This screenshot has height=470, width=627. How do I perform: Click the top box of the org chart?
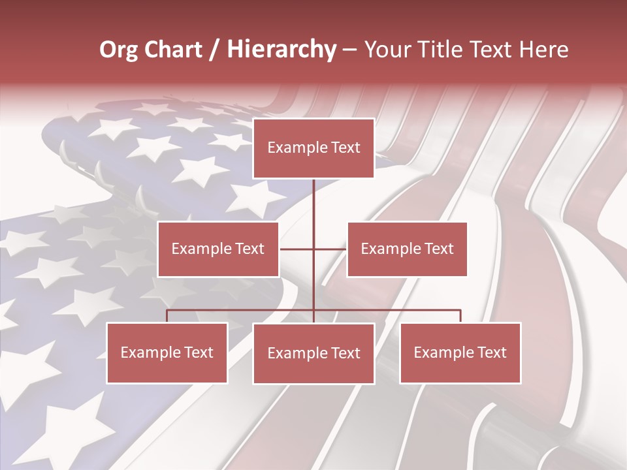click(313, 148)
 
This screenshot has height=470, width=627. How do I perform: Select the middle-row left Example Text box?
click(218, 249)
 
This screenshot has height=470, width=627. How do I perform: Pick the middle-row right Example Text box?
click(407, 249)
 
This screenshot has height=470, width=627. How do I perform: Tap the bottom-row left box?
click(167, 352)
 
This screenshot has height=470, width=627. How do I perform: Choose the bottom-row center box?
click(313, 353)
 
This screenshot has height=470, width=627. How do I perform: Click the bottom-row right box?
click(460, 352)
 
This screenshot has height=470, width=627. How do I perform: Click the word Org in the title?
click(118, 50)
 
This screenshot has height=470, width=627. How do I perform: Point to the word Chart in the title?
click(172, 50)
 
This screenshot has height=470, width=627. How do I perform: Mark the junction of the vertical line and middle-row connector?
click(313, 249)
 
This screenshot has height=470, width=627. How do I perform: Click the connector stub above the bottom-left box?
click(167, 316)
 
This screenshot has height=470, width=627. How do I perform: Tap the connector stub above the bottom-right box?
click(460, 316)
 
